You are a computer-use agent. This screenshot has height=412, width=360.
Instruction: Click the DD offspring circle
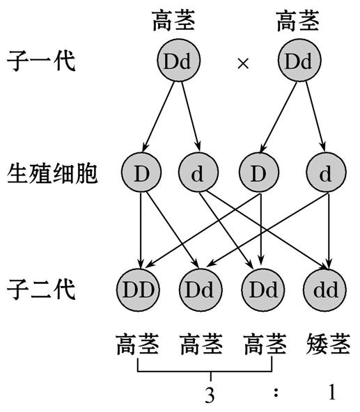click(141, 288)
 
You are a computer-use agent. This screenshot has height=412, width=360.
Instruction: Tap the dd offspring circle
click(326, 288)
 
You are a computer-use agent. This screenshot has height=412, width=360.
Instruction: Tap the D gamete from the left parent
click(141, 174)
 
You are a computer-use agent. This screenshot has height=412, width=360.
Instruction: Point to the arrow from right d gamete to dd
click(327, 230)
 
